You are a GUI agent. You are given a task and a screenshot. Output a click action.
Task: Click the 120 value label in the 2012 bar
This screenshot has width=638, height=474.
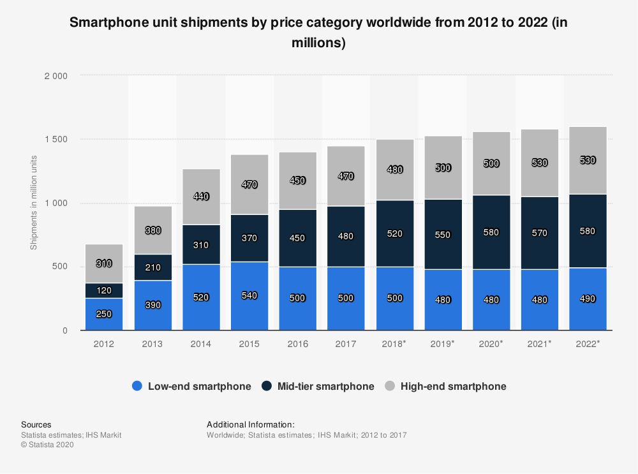pyautogui.click(x=104, y=290)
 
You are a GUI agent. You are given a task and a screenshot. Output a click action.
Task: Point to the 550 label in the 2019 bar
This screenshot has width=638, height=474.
pyautogui.click(x=442, y=235)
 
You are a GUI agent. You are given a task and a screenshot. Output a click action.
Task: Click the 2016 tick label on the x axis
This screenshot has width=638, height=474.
pyautogui.click(x=297, y=344)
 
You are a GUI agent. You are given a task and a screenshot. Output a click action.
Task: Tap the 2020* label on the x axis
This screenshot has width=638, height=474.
pyautogui.click(x=491, y=344)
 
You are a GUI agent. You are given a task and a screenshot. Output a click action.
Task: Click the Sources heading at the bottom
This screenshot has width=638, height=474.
pyautogui.click(x=36, y=424)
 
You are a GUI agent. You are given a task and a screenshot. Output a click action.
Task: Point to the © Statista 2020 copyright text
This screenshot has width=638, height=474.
pyautogui.click(x=47, y=445)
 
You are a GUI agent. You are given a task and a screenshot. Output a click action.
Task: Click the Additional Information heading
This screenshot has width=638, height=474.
pyautogui.click(x=251, y=424)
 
